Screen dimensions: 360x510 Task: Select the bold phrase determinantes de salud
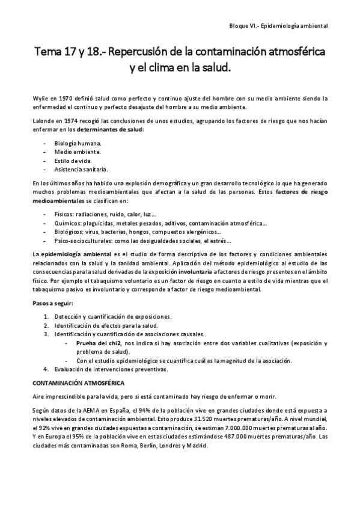[111, 129]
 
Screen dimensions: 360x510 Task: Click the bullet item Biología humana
[78, 143]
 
